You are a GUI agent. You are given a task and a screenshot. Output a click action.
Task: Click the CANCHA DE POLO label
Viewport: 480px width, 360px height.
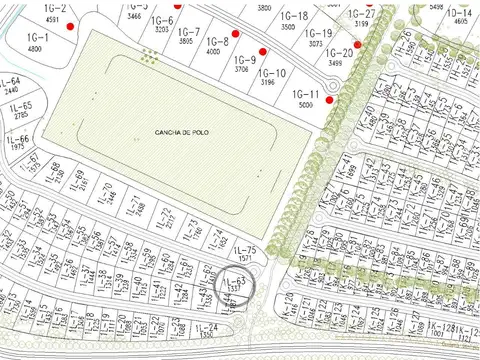(181, 133)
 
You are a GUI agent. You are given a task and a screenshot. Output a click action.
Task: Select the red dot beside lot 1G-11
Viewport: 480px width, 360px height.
(329, 98)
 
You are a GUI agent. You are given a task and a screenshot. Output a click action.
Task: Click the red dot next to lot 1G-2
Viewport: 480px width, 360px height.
(70, 27)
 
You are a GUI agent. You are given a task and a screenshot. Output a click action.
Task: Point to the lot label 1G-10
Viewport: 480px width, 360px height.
(272, 73)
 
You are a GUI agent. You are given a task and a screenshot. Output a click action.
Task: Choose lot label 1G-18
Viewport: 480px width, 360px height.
(294, 17)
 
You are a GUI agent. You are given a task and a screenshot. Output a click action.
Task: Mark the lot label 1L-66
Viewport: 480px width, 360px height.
(19, 139)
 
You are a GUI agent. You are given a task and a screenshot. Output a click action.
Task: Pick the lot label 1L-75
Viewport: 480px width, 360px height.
(245, 249)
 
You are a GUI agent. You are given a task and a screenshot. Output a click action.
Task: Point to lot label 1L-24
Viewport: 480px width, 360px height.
(207, 328)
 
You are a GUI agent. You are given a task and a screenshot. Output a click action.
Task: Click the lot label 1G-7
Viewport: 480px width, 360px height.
(187, 32)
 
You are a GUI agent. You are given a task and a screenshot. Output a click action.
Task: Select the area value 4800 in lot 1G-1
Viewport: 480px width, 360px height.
(35, 48)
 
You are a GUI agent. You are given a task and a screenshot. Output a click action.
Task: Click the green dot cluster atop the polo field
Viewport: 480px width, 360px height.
(149, 58)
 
